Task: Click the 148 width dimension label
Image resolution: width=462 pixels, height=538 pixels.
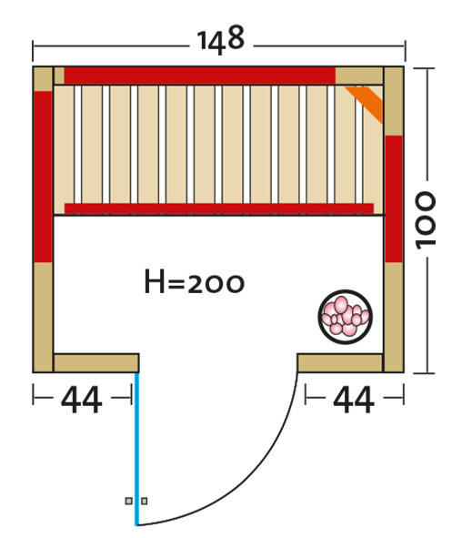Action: pyautogui.click(x=221, y=39)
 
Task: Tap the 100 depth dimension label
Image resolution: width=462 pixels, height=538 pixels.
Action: pyautogui.click(x=426, y=220)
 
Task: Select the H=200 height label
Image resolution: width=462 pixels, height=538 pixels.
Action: pyautogui.click(x=195, y=282)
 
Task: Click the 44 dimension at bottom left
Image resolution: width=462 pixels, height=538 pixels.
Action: pyautogui.click(x=82, y=400)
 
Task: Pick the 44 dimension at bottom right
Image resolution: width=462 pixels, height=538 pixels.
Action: pyautogui.click(x=354, y=400)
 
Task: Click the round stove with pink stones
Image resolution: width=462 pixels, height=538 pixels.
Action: pyautogui.click(x=345, y=317)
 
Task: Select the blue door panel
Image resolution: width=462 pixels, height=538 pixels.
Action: pyautogui.click(x=137, y=449)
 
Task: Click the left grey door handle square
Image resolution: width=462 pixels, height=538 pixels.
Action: pyautogui.click(x=128, y=501)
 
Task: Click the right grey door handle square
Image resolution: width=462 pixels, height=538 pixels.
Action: pyautogui.click(x=145, y=501)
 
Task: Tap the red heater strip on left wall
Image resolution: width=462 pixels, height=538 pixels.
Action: pyautogui.click(x=43, y=177)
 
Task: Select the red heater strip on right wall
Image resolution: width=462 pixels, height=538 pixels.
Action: pyautogui.click(x=394, y=199)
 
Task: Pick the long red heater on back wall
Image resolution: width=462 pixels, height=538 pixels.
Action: pyautogui.click(x=200, y=76)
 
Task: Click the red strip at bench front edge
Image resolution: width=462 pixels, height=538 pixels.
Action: pyautogui.click(x=219, y=208)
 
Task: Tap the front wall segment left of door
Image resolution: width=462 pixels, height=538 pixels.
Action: pyautogui.click(x=96, y=363)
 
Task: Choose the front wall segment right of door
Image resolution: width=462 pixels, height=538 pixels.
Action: pyautogui.click(x=340, y=363)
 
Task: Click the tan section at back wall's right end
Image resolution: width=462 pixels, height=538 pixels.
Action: pyautogui.click(x=359, y=76)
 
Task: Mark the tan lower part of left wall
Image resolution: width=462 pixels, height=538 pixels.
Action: pyautogui.click(x=43, y=317)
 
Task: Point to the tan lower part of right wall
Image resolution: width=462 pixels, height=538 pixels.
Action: pyautogui.click(x=394, y=317)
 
